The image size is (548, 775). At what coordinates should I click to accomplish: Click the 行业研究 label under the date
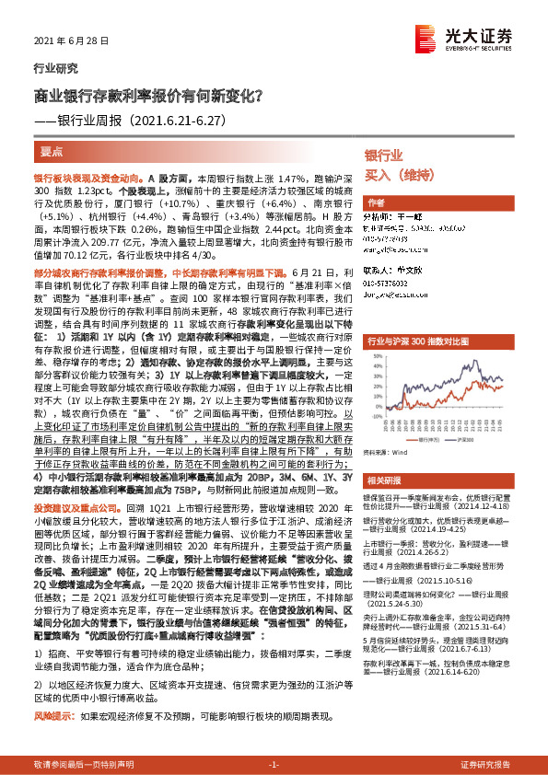51,68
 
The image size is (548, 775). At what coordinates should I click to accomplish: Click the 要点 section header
52,149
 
